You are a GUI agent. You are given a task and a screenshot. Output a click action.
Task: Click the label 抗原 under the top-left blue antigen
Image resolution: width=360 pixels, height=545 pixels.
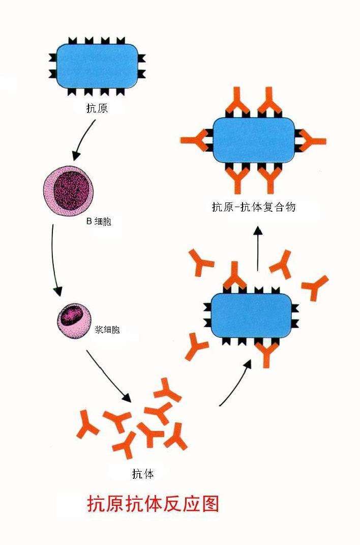(x=97, y=108)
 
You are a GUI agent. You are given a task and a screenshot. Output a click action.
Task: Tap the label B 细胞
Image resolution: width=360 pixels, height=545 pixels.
(x=99, y=221)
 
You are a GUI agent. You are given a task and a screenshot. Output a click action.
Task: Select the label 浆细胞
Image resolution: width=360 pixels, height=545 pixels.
(x=107, y=329)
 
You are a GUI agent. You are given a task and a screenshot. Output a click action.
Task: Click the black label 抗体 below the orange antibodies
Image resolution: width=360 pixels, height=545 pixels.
(x=143, y=474)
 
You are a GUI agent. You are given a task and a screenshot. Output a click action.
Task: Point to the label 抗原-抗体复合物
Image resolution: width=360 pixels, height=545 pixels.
(x=253, y=207)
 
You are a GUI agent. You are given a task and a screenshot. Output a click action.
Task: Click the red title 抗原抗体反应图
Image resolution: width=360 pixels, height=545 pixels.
(x=153, y=504)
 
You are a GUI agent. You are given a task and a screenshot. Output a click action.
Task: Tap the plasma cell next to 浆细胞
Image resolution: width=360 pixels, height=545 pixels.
(x=74, y=320)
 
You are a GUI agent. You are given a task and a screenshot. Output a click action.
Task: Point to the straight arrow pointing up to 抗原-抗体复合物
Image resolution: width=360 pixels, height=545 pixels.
(x=257, y=248)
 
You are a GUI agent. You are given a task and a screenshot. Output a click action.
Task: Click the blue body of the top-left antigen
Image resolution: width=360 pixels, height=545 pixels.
(x=97, y=66)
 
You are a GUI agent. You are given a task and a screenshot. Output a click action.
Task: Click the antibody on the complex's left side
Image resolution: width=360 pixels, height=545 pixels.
(x=196, y=140)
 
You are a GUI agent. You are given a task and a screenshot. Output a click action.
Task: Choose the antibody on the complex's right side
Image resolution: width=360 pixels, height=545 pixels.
(x=311, y=141)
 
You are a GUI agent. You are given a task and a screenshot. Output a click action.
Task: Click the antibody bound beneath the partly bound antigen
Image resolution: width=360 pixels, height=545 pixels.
(x=266, y=353)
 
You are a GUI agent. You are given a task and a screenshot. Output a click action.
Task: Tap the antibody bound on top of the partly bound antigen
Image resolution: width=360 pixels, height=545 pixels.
(x=234, y=276)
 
